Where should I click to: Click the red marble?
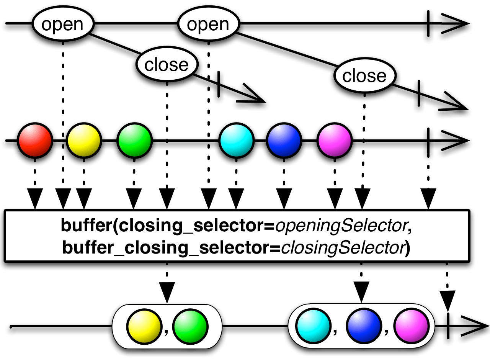point(35,141)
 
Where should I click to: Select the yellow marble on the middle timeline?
point(84,141)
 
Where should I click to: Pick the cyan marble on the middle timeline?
point(237,141)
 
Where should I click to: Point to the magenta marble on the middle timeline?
point(335,141)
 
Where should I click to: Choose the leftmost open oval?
point(62,25)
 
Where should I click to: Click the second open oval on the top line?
point(208,25)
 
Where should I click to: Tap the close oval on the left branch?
point(167,65)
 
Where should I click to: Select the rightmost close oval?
point(364,76)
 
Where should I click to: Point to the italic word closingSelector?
point(343,248)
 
